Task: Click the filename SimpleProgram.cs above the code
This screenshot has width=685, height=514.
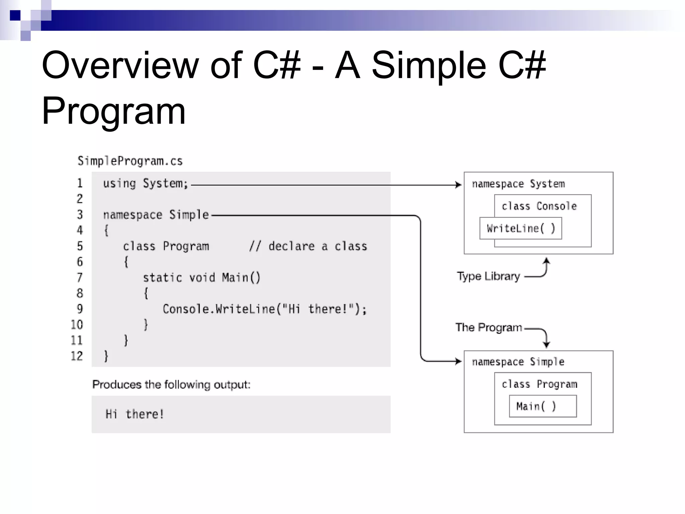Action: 130,161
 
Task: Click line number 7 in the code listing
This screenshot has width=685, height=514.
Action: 80,277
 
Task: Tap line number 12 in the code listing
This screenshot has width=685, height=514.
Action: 77,356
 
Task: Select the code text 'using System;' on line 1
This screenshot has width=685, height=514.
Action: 145,183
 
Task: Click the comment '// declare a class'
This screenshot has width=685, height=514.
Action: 308,246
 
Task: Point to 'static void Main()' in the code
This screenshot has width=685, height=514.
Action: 201,278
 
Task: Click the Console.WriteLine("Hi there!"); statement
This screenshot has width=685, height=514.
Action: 265,309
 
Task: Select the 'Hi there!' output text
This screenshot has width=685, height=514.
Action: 134,414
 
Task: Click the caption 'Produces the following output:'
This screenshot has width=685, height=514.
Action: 171,384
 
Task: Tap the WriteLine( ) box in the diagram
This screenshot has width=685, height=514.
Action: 520,229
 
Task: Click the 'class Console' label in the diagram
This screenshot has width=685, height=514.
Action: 539,206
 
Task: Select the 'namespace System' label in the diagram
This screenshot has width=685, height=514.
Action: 518,184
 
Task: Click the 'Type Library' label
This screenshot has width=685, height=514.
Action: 488,276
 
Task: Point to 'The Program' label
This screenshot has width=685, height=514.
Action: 489,327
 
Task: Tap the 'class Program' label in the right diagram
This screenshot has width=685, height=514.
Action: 539,384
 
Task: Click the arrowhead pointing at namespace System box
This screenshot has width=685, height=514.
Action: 459,185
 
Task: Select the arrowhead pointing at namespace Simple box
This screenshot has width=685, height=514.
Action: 459,361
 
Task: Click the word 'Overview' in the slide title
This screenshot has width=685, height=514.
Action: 120,65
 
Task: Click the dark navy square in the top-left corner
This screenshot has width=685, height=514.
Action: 15,15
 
